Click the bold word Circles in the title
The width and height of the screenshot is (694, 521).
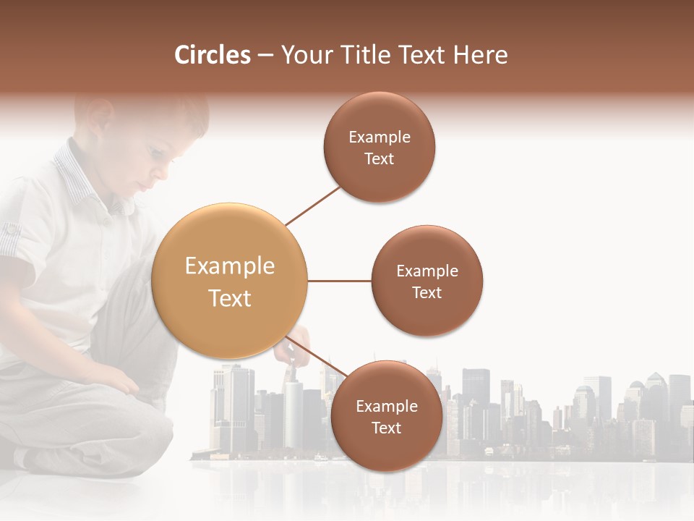click(212, 55)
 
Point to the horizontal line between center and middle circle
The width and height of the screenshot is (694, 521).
click(340, 281)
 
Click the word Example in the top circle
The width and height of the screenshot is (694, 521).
click(380, 137)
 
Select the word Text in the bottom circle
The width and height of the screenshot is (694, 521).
click(387, 428)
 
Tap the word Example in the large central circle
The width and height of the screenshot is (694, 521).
click(230, 266)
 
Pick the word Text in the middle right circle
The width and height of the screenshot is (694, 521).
click(427, 293)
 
